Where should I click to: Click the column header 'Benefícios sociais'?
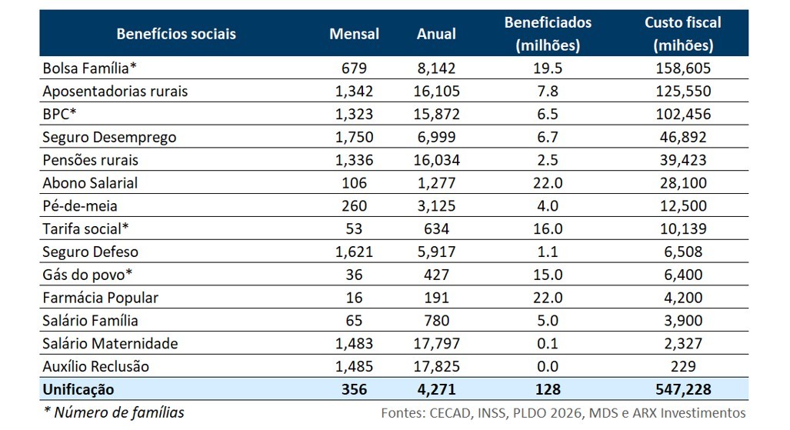click(x=176, y=34)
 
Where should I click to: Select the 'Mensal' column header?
click(x=354, y=34)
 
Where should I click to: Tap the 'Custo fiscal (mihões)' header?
click(x=683, y=34)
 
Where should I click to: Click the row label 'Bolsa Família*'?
click(x=89, y=68)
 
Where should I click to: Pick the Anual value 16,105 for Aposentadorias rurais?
click(x=436, y=91)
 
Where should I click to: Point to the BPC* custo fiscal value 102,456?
click(x=683, y=114)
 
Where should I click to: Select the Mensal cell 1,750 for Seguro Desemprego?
click(x=354, y=137)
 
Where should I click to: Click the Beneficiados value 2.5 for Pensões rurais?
click(x=548, y=160)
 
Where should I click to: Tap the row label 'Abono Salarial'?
click(x=91, y=183)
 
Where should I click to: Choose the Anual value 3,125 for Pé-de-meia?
click(x=436, y=206)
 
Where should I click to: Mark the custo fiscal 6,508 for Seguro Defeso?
click(x=683, y=252)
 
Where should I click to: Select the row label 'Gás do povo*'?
click(x=84, y=275)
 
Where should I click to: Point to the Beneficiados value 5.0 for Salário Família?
click(x=548, y=321)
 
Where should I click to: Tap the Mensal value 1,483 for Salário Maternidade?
click(x=354, y=343)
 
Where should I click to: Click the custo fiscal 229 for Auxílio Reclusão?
click(x=683, y=366)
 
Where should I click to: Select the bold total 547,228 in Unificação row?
click(x=683, y=389)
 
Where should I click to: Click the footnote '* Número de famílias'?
click(x=114, y=412)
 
